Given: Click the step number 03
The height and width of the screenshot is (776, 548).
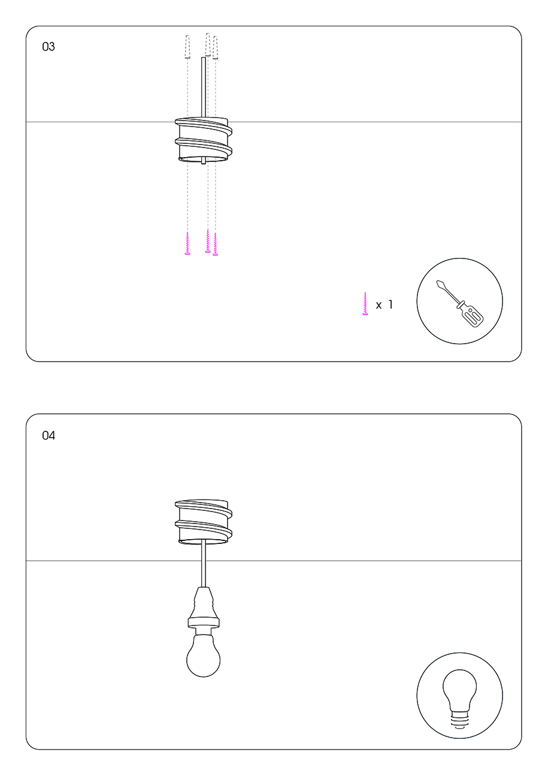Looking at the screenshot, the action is point(49,46).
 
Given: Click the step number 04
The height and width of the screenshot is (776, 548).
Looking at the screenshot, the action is point(49,435).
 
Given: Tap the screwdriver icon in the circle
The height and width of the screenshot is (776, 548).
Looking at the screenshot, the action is point(460,303).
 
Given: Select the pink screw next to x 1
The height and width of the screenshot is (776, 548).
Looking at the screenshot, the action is point(365,304).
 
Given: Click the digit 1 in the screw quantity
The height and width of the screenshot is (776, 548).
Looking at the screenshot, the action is point(390,305).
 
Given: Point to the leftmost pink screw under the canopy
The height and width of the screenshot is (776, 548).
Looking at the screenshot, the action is point(187,243).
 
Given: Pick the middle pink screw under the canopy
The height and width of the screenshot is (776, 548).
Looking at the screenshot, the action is point(208,240).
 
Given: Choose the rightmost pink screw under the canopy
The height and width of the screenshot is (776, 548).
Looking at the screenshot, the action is point(215,244).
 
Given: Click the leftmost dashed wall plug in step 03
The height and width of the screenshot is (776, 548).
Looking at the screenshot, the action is point(187,47).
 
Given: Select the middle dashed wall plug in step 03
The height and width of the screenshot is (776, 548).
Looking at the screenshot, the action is point(208,45).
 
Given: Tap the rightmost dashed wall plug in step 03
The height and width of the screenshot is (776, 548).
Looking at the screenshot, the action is point(215,47).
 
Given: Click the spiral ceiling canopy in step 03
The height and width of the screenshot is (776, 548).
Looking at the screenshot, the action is point(204,140).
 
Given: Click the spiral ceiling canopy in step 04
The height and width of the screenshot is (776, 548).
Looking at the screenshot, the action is point(204,522).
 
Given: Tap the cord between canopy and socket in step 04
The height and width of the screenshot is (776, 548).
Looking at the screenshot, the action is point(204,565).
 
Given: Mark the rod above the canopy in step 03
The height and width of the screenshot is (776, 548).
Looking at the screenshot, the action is point(204,88).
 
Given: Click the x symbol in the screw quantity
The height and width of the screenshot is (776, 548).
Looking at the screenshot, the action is point(379,305).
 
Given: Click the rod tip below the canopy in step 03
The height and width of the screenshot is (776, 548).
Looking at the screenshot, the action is point(204,163).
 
